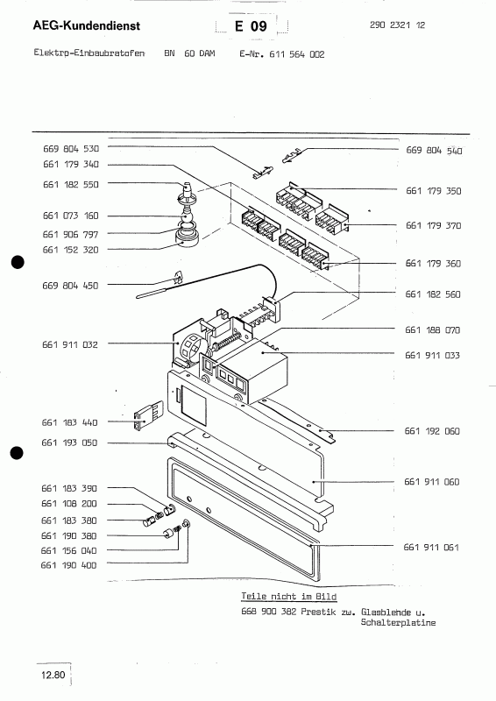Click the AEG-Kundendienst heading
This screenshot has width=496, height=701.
pos(87,26)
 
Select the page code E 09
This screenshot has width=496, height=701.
pos(251,26)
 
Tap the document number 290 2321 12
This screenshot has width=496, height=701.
pos(397,25)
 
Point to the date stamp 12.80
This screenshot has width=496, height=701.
pos(53,675)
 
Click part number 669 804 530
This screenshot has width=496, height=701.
pos(71,148)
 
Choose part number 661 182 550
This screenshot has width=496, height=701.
pos(71,184)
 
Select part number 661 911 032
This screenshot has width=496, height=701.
pos(70,344)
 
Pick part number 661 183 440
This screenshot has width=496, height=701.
pos(69,422)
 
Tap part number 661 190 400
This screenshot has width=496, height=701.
pos(68,565)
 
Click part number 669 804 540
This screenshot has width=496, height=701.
pos(434,150)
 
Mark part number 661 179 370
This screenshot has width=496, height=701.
pos(434,225)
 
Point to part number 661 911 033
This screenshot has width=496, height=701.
pos(433,355)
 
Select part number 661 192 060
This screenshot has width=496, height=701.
pos(432,431)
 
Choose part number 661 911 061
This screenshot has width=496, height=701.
pos(431,547)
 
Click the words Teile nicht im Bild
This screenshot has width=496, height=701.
pos(289,597)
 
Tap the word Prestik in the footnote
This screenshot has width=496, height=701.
pos(318,612)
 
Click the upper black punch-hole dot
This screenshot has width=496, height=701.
pos(18,262)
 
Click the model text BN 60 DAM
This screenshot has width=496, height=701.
pos(189,53)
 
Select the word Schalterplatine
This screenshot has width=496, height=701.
pos(398,622)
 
